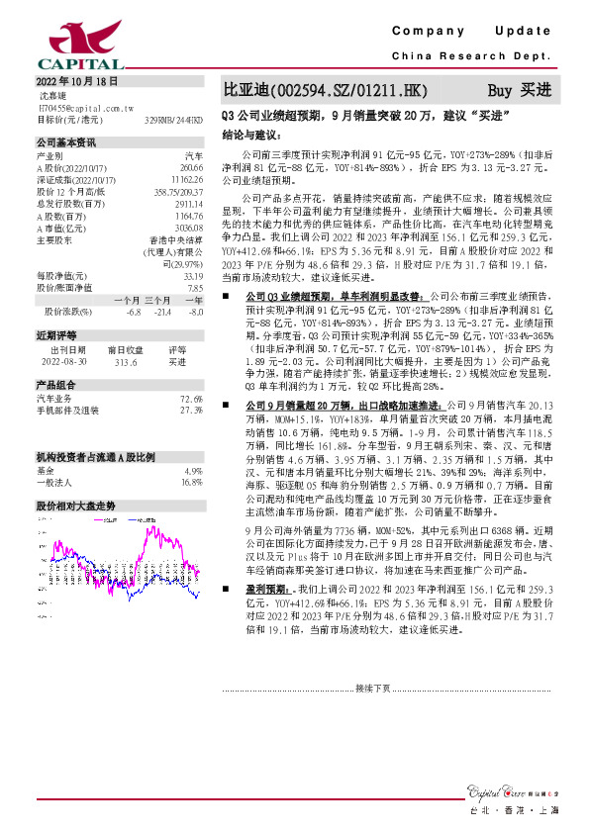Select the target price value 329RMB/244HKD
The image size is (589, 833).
point(174,119)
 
